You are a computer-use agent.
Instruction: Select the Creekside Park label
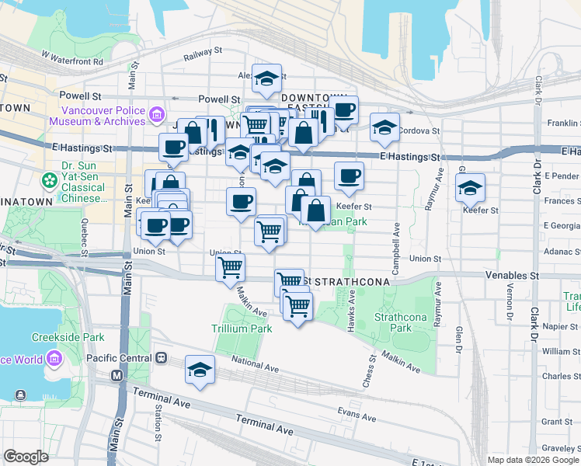[x=68, y=337]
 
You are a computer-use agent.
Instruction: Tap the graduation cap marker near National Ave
[x=200, y=370]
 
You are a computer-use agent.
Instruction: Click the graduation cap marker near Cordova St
[x=384, y=127]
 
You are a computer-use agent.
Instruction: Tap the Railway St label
[x=203, y=54]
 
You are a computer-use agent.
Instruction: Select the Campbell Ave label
[x=396, y=240]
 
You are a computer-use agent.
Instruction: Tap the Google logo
[x=26, y=457]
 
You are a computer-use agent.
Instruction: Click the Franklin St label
[x=563, y=123]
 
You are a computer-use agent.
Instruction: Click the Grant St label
[x=556, y=422]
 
